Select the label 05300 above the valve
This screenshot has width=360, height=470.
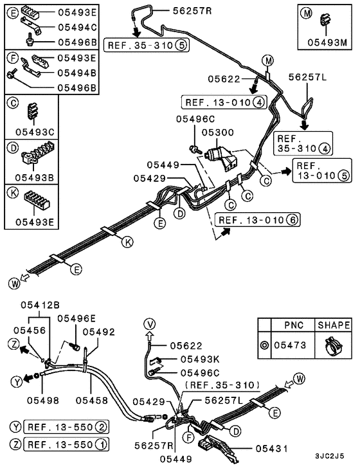(x=215, y=131)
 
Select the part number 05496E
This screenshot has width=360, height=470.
(x=76, y=318)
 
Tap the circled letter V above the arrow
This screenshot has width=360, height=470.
(x=149, y=323)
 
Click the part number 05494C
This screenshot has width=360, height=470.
(x=77, y=27)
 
